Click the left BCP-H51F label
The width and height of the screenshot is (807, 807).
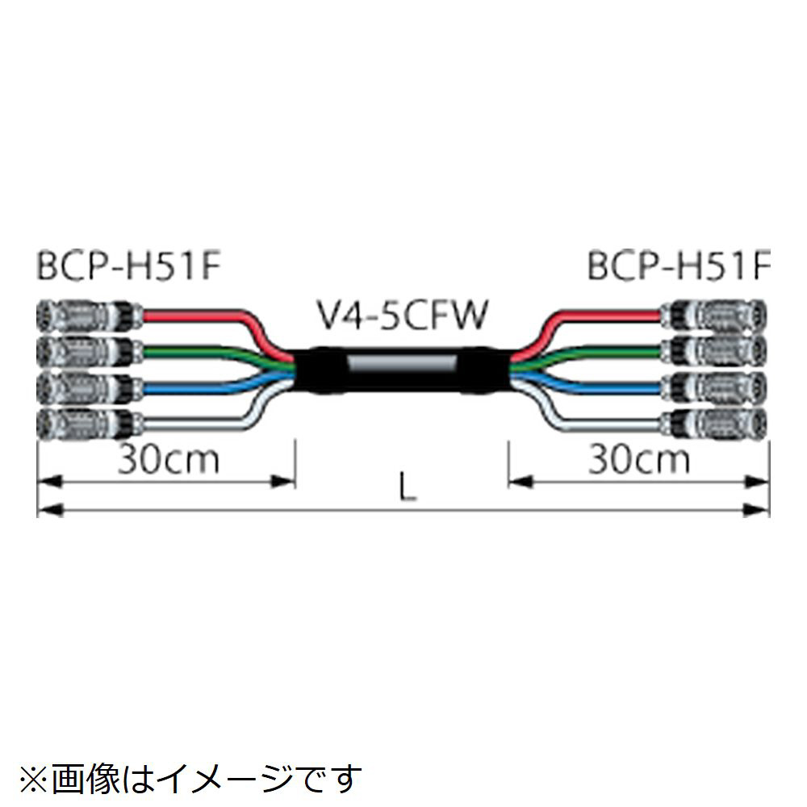pos(128,267)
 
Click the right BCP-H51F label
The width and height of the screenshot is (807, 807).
pos(679,267)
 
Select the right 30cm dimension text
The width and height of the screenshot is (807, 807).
pos(638,460)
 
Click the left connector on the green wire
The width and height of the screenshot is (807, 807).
pos(89,349)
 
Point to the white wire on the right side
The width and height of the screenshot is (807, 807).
pos(597,421)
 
